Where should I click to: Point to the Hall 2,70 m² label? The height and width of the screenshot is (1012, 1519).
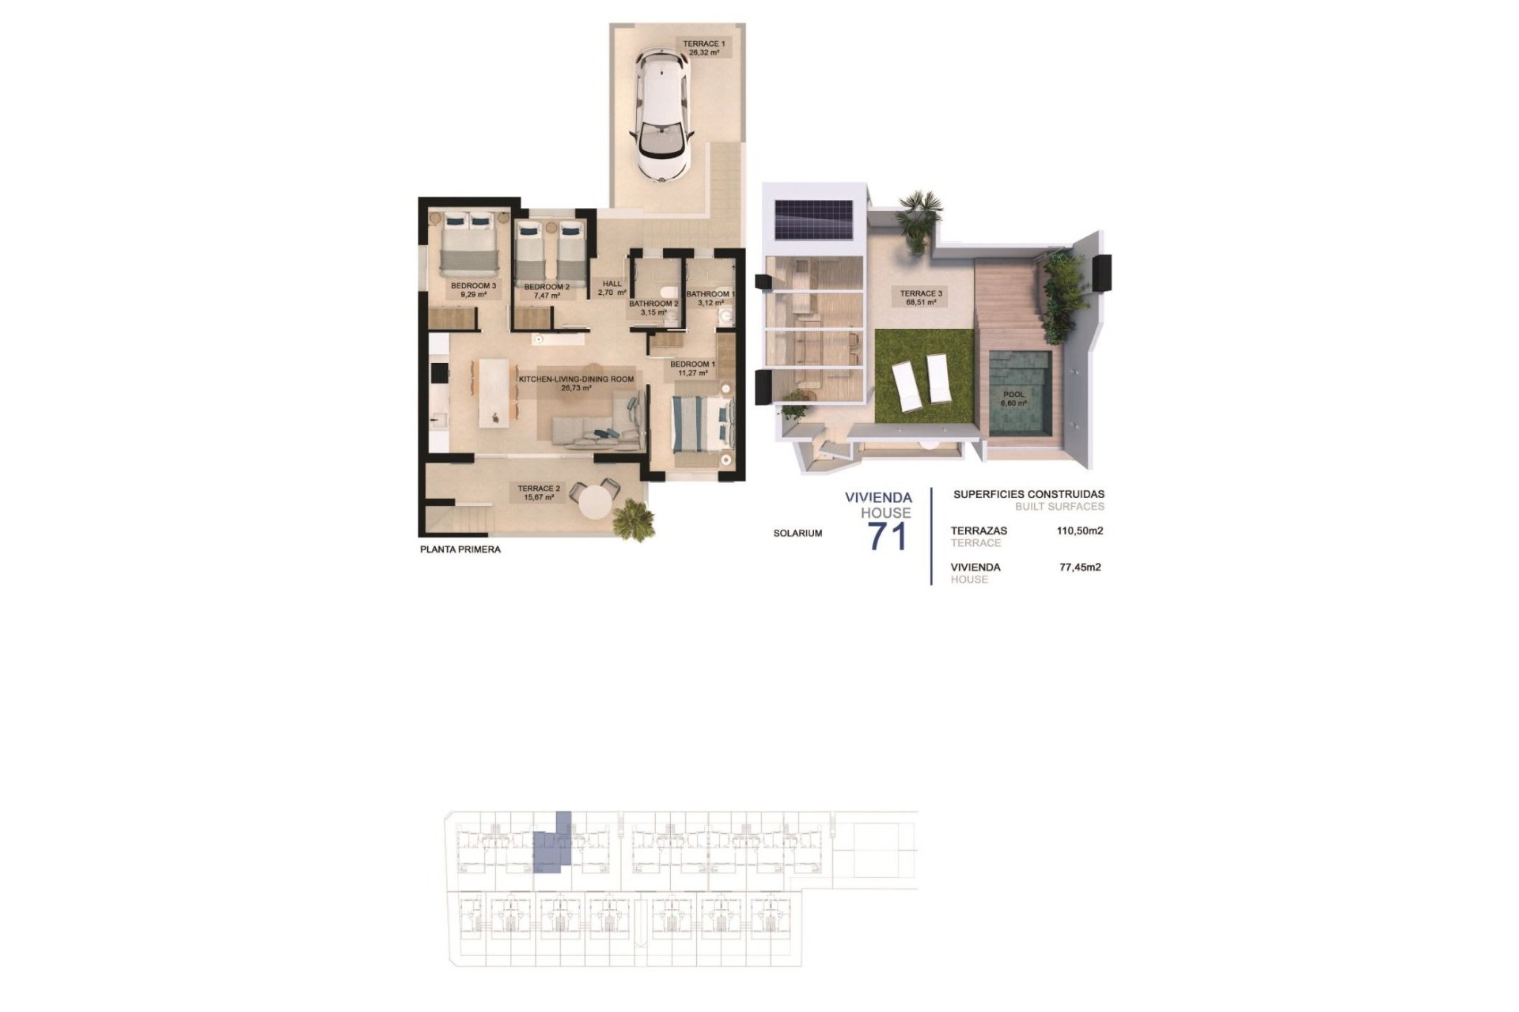(x=612, y=288)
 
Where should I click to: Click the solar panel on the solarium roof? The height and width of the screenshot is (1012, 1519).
(x=813, y=218)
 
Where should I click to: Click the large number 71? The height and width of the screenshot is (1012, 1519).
(x=888, y=537)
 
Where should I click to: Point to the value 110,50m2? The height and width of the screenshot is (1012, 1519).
(x=1080, y=531)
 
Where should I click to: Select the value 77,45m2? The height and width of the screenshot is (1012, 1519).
(x=1080, y=567)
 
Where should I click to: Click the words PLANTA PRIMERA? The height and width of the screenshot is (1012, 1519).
(x=460, y=549)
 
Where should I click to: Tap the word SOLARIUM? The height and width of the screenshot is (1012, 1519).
(x=797, y=534)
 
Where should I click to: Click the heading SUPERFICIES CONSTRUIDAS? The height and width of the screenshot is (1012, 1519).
(x=1028, y=495)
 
